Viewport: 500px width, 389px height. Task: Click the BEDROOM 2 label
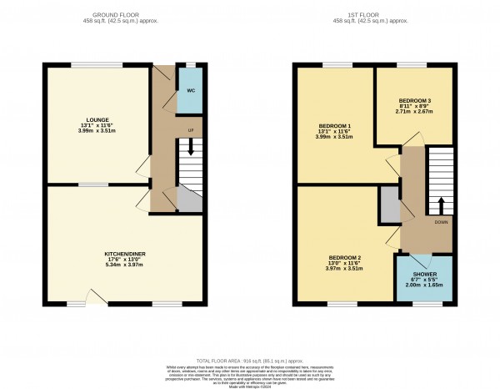pos(344,257)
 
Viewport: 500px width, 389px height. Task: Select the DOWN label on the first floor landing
pos(439,223)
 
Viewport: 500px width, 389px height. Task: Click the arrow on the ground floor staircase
pos(191,149)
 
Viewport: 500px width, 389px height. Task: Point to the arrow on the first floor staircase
pos(440,205)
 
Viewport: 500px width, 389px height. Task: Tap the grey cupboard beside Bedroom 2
pos(388,205)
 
